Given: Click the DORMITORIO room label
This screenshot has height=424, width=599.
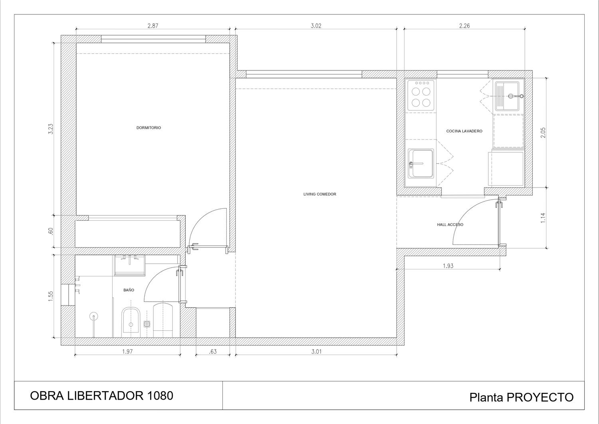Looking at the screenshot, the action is click(149, 128).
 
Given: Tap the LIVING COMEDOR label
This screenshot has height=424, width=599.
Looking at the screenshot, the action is click(319, 194).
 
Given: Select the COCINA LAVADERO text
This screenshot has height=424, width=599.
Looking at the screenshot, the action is click(464, 131).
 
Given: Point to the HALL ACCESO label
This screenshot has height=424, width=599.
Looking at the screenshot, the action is click(450, 225).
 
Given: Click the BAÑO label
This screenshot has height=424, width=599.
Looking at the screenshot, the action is click(129, 290).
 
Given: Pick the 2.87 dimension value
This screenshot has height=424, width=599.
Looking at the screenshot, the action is click(153, 26).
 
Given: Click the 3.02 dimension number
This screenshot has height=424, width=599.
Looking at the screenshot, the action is click(316, 26).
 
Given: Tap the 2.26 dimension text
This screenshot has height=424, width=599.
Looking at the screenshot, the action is click(464, 26).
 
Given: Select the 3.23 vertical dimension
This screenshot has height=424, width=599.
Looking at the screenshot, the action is click(51, 129).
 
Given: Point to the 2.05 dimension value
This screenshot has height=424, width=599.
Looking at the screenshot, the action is click(543, 132).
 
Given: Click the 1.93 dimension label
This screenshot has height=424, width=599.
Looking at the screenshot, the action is click(448, 266).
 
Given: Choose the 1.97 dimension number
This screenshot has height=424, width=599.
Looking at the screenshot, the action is click(127, 352).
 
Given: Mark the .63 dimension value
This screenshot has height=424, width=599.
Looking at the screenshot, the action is click(212, 352).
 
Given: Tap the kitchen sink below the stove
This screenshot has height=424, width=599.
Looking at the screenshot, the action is click(421, 164).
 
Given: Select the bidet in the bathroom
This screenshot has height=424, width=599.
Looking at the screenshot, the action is click(131, 322).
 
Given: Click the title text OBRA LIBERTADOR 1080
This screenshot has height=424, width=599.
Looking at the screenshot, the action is click(101, 396).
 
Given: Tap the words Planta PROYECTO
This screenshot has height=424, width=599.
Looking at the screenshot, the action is click(522, 397).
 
